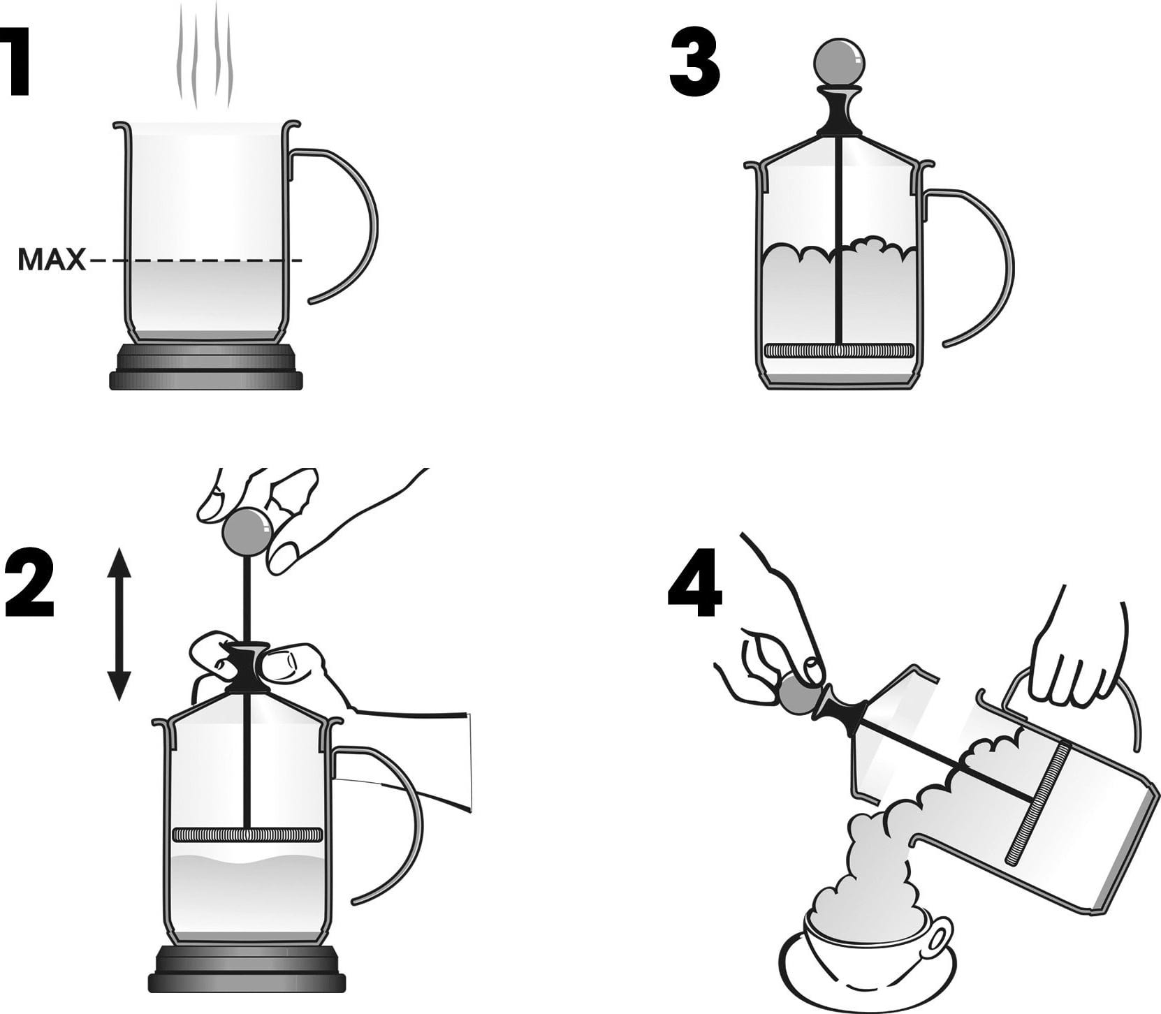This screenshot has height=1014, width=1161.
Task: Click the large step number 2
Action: (x=29, y=583)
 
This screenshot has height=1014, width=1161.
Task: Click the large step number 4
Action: (x=695, y=584)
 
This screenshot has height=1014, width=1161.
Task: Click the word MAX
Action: (x=51, y=260)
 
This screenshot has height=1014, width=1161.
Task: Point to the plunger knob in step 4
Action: (x=799, y=693)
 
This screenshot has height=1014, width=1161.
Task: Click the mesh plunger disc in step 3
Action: (x=840, y=350)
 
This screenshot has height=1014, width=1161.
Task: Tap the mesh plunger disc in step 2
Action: (x=247, y=835)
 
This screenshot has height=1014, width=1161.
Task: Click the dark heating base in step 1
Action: (x=206, y=367)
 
